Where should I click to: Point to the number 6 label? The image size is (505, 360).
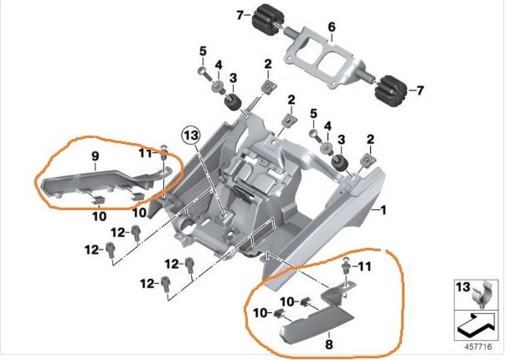331,28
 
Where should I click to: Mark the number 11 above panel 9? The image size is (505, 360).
144,154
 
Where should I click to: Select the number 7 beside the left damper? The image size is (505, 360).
240,14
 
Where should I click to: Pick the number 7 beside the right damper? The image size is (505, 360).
420,89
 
